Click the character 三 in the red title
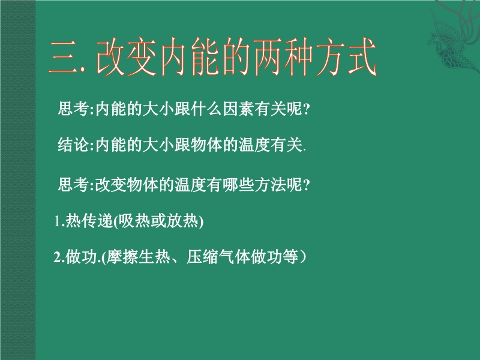pos(64,57)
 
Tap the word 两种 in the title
pos(283,57)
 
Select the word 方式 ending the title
pos(346,57)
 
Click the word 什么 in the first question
pos(206,109)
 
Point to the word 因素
pos(238,109)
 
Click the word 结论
pos(73,145)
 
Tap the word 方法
pos(269,185)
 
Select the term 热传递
pos(89,220)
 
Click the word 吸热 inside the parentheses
pos(134,220)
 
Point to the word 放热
pos(182,220)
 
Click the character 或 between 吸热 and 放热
pos(158,220)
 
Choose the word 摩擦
pos(122,257)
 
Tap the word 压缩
pos(202,257)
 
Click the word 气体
pos(234,257)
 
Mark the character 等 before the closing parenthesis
pos(290,257)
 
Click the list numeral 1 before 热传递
pos(57,221)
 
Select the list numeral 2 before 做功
pos(57,257)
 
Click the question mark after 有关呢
pos(307,109)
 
